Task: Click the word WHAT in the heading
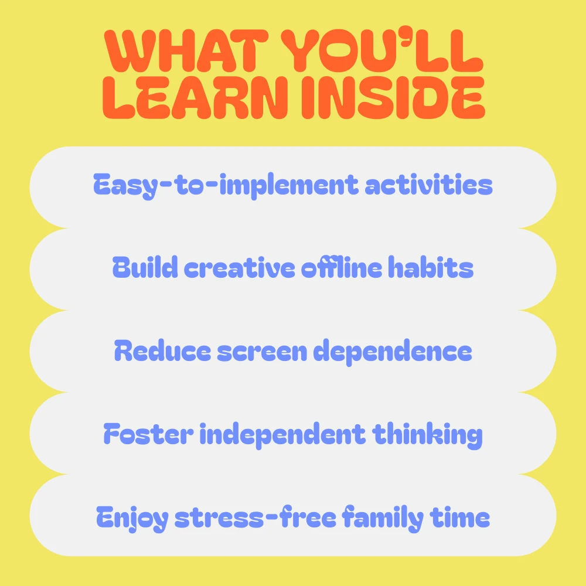tap(186, 50)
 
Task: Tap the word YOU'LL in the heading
tap(382, 50)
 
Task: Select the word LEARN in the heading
tap(195, 97)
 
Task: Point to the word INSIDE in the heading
tap(393, 97)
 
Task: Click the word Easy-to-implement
tap(226, 185)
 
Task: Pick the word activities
tap(429, 185)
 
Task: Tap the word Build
tap(145, 267)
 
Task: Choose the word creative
tap(240, 268)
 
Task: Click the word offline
tap(342, 267)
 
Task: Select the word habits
tap(431, 267)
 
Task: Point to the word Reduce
tap(162, 350)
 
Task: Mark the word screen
tap(262, 352)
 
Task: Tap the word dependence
tap(393, 352)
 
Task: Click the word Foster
tap(148, 434)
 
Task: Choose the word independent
tap(282, 435)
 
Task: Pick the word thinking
tap(427, 435)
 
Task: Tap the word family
tap(383, 518)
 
